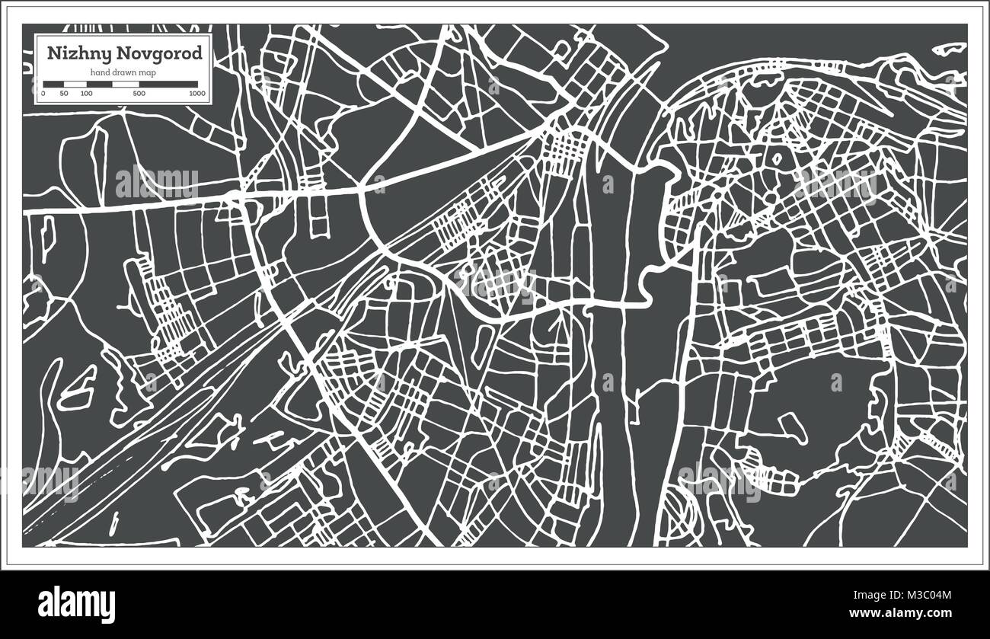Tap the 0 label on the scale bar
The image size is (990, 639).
43,94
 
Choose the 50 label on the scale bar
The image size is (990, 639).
64,94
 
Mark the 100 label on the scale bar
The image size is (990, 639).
86,94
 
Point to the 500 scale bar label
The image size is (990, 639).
139,94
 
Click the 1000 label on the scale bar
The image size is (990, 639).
197,94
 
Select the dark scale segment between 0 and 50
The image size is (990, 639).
53,84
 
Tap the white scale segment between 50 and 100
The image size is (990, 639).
75,84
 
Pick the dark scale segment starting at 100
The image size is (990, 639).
99,84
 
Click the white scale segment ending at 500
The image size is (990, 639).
126,84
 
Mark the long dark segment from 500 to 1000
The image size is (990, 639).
168,84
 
